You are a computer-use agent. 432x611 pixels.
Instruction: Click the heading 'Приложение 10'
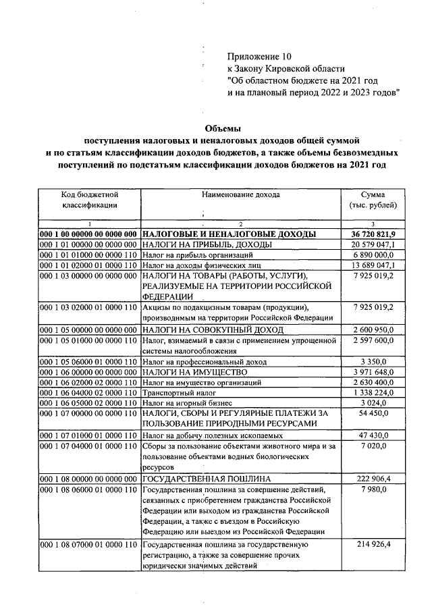(261, 56)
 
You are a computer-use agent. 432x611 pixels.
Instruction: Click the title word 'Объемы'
(222, 128)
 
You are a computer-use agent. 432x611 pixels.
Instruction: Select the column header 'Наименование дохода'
(240, 194)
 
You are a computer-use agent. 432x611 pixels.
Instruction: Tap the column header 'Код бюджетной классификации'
(90, 199)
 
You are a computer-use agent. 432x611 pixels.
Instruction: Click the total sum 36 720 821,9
(373, 234)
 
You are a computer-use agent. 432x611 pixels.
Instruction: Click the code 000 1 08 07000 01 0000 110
(90, 543)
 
